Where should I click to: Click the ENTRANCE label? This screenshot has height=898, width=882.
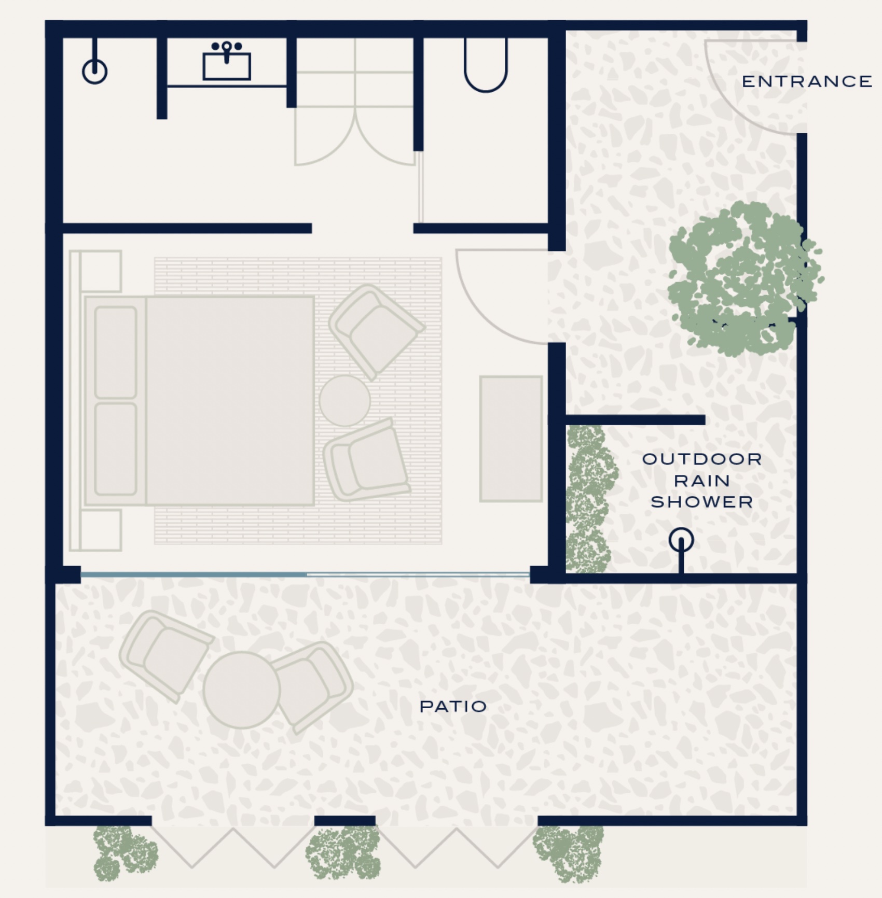point(807,81)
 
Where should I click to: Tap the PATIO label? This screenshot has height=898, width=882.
point(453,706)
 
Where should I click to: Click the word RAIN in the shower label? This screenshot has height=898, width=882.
point(702,481)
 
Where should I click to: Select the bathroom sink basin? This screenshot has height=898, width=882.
point(227,66)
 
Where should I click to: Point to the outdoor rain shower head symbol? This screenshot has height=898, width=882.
point(681,540)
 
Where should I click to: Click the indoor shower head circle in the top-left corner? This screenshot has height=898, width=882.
point(95,72)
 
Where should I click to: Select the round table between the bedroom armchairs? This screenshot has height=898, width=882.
point(344,401)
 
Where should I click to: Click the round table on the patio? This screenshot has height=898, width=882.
point(242,690)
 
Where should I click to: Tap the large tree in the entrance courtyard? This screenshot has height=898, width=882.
point(745,279)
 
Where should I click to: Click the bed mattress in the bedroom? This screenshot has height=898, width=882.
point(230,400)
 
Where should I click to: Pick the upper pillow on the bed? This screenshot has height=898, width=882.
point(116,353)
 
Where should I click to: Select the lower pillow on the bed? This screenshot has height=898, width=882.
point(116,449)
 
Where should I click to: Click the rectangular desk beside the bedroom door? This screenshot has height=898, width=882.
point(511,439)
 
